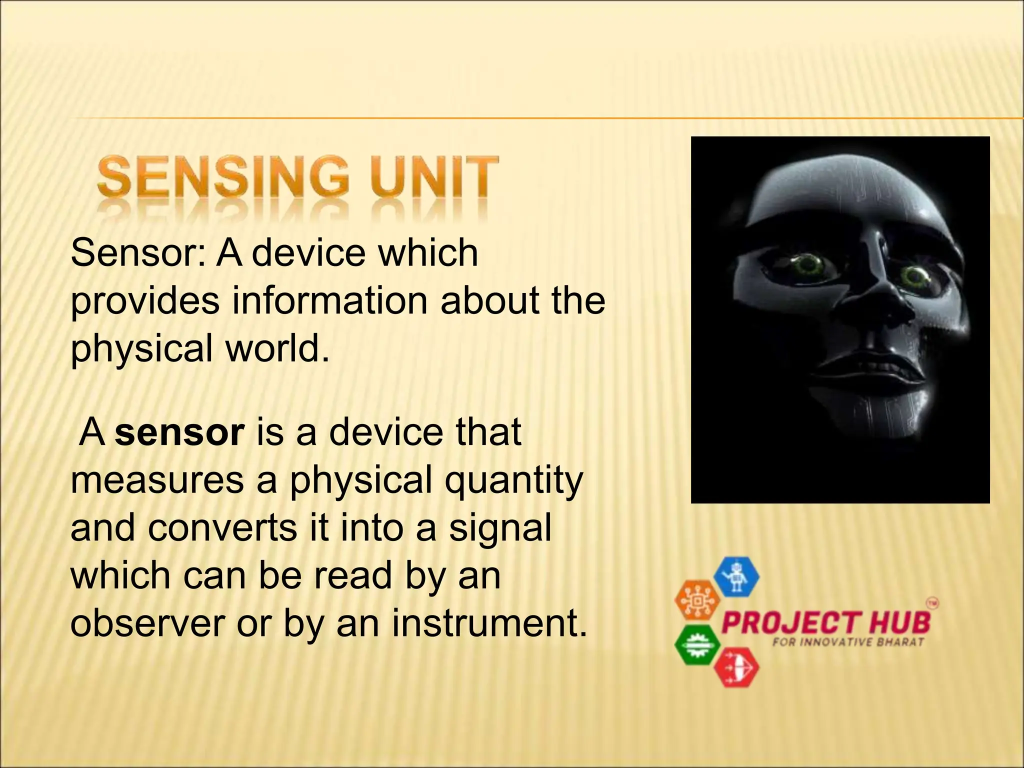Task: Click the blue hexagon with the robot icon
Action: click(736, 577)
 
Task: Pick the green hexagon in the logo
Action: click(697, 644)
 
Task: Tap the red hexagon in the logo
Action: click(736, 667)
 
